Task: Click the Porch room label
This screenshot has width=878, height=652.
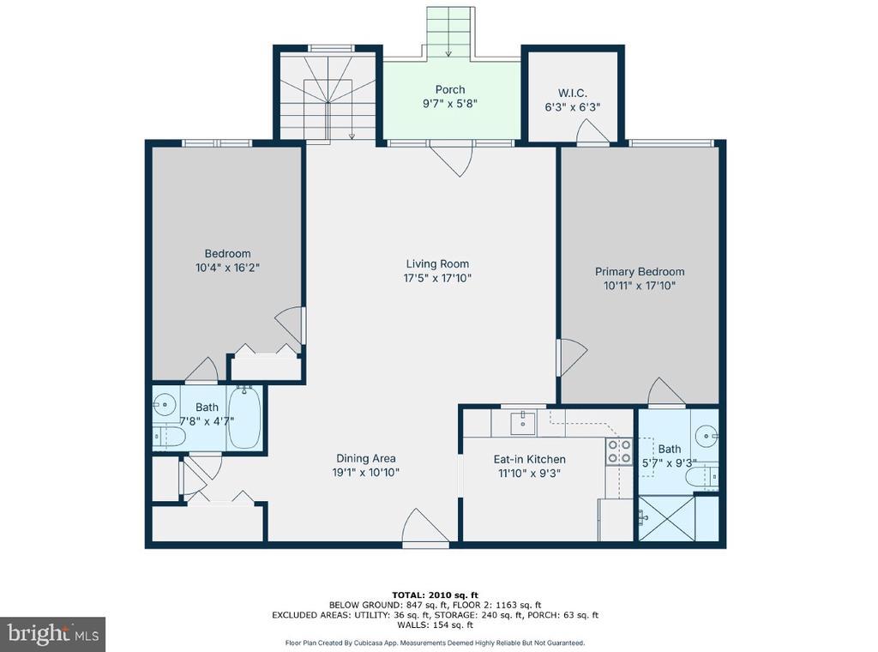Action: coord(449,89)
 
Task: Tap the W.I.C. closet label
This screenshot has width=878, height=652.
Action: coord(572,93)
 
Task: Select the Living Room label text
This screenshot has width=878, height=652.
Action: coord(437,264)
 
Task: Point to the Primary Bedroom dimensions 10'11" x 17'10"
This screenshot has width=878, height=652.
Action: coord(640,286)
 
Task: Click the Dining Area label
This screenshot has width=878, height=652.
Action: coord(365,458)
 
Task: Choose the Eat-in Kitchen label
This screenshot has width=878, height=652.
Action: coord(529,459)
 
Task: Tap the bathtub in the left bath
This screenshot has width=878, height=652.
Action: coord(244,417)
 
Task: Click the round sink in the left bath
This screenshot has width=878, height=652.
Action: coord(165,403)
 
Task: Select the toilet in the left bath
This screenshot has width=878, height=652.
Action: coord(169,438)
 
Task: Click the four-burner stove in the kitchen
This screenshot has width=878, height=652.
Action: coord(619,451)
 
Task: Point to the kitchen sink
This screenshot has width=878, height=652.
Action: coord(523,422)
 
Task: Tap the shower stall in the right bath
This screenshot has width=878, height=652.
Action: coord(666,518)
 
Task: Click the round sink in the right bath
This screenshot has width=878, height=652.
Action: coord(707,435)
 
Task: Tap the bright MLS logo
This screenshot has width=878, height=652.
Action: coord(52,634)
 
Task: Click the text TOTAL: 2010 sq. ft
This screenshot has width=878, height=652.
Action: coord(435,595)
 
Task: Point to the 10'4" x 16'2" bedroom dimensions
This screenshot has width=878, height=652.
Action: coord(227,268)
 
